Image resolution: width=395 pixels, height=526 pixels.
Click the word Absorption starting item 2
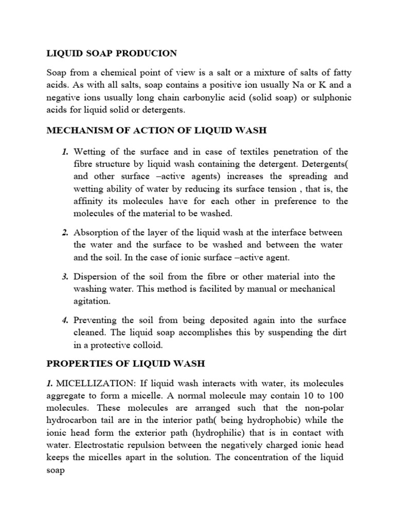click(x=97, y=233)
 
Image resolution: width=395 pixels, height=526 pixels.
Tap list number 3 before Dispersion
click(x=66, y=277)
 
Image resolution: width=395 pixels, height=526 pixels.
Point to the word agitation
click(x=93, y=301)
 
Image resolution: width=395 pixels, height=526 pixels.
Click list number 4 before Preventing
click(x=66, y=320)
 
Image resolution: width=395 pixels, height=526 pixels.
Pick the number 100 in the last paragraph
click(x=336, y=396)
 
